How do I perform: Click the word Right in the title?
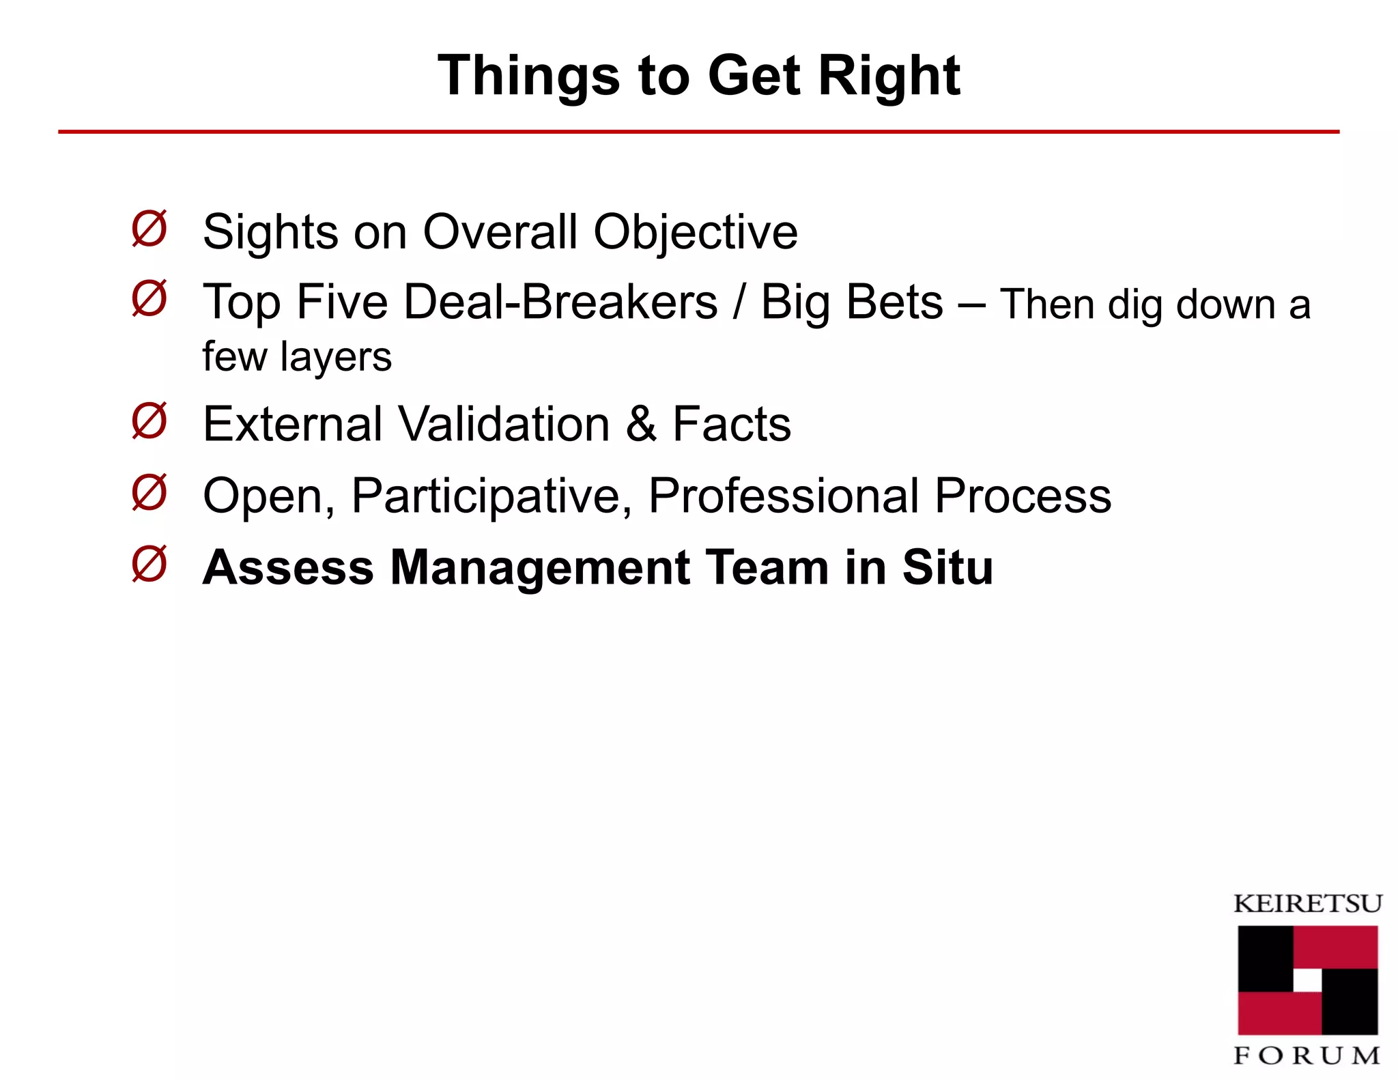(889, 76)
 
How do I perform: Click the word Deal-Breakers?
(560, 302)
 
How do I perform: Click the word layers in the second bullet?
(335, 357)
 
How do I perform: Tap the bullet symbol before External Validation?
(149, 421)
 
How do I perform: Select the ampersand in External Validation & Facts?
(641, 424)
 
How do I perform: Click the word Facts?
(732, 424)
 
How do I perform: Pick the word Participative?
(491, 496)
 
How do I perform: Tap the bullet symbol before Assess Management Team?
(149, 564)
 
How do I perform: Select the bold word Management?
(540, 568)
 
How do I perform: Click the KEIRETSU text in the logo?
(1307, 904)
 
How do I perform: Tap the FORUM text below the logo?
(1307, 1056)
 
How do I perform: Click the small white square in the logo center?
(1307, 980)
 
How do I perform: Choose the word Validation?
(504, 424)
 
